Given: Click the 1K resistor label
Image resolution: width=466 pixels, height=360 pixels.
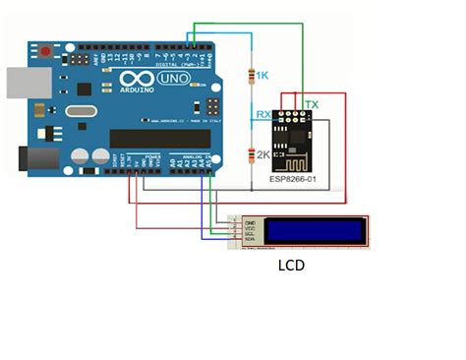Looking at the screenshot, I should coord(262,75).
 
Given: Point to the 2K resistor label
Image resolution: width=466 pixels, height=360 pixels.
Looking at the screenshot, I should coord(262,154).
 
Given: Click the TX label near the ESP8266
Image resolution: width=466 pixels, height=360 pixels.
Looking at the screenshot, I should coord(312,104).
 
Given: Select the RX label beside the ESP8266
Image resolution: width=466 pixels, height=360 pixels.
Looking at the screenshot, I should coord(263,115).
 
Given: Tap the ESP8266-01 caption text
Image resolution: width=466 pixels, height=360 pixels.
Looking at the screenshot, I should coord(291,182).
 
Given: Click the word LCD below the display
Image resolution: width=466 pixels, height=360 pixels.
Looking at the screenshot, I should coord(292,265).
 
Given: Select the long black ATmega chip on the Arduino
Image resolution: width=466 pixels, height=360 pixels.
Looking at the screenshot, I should coord(158,138).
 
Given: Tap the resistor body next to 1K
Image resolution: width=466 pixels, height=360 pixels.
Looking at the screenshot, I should coord(252,75).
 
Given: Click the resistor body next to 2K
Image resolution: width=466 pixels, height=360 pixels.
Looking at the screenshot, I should coord(252,153).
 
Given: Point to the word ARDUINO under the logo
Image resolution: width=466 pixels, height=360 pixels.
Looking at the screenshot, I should coord(138,91).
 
